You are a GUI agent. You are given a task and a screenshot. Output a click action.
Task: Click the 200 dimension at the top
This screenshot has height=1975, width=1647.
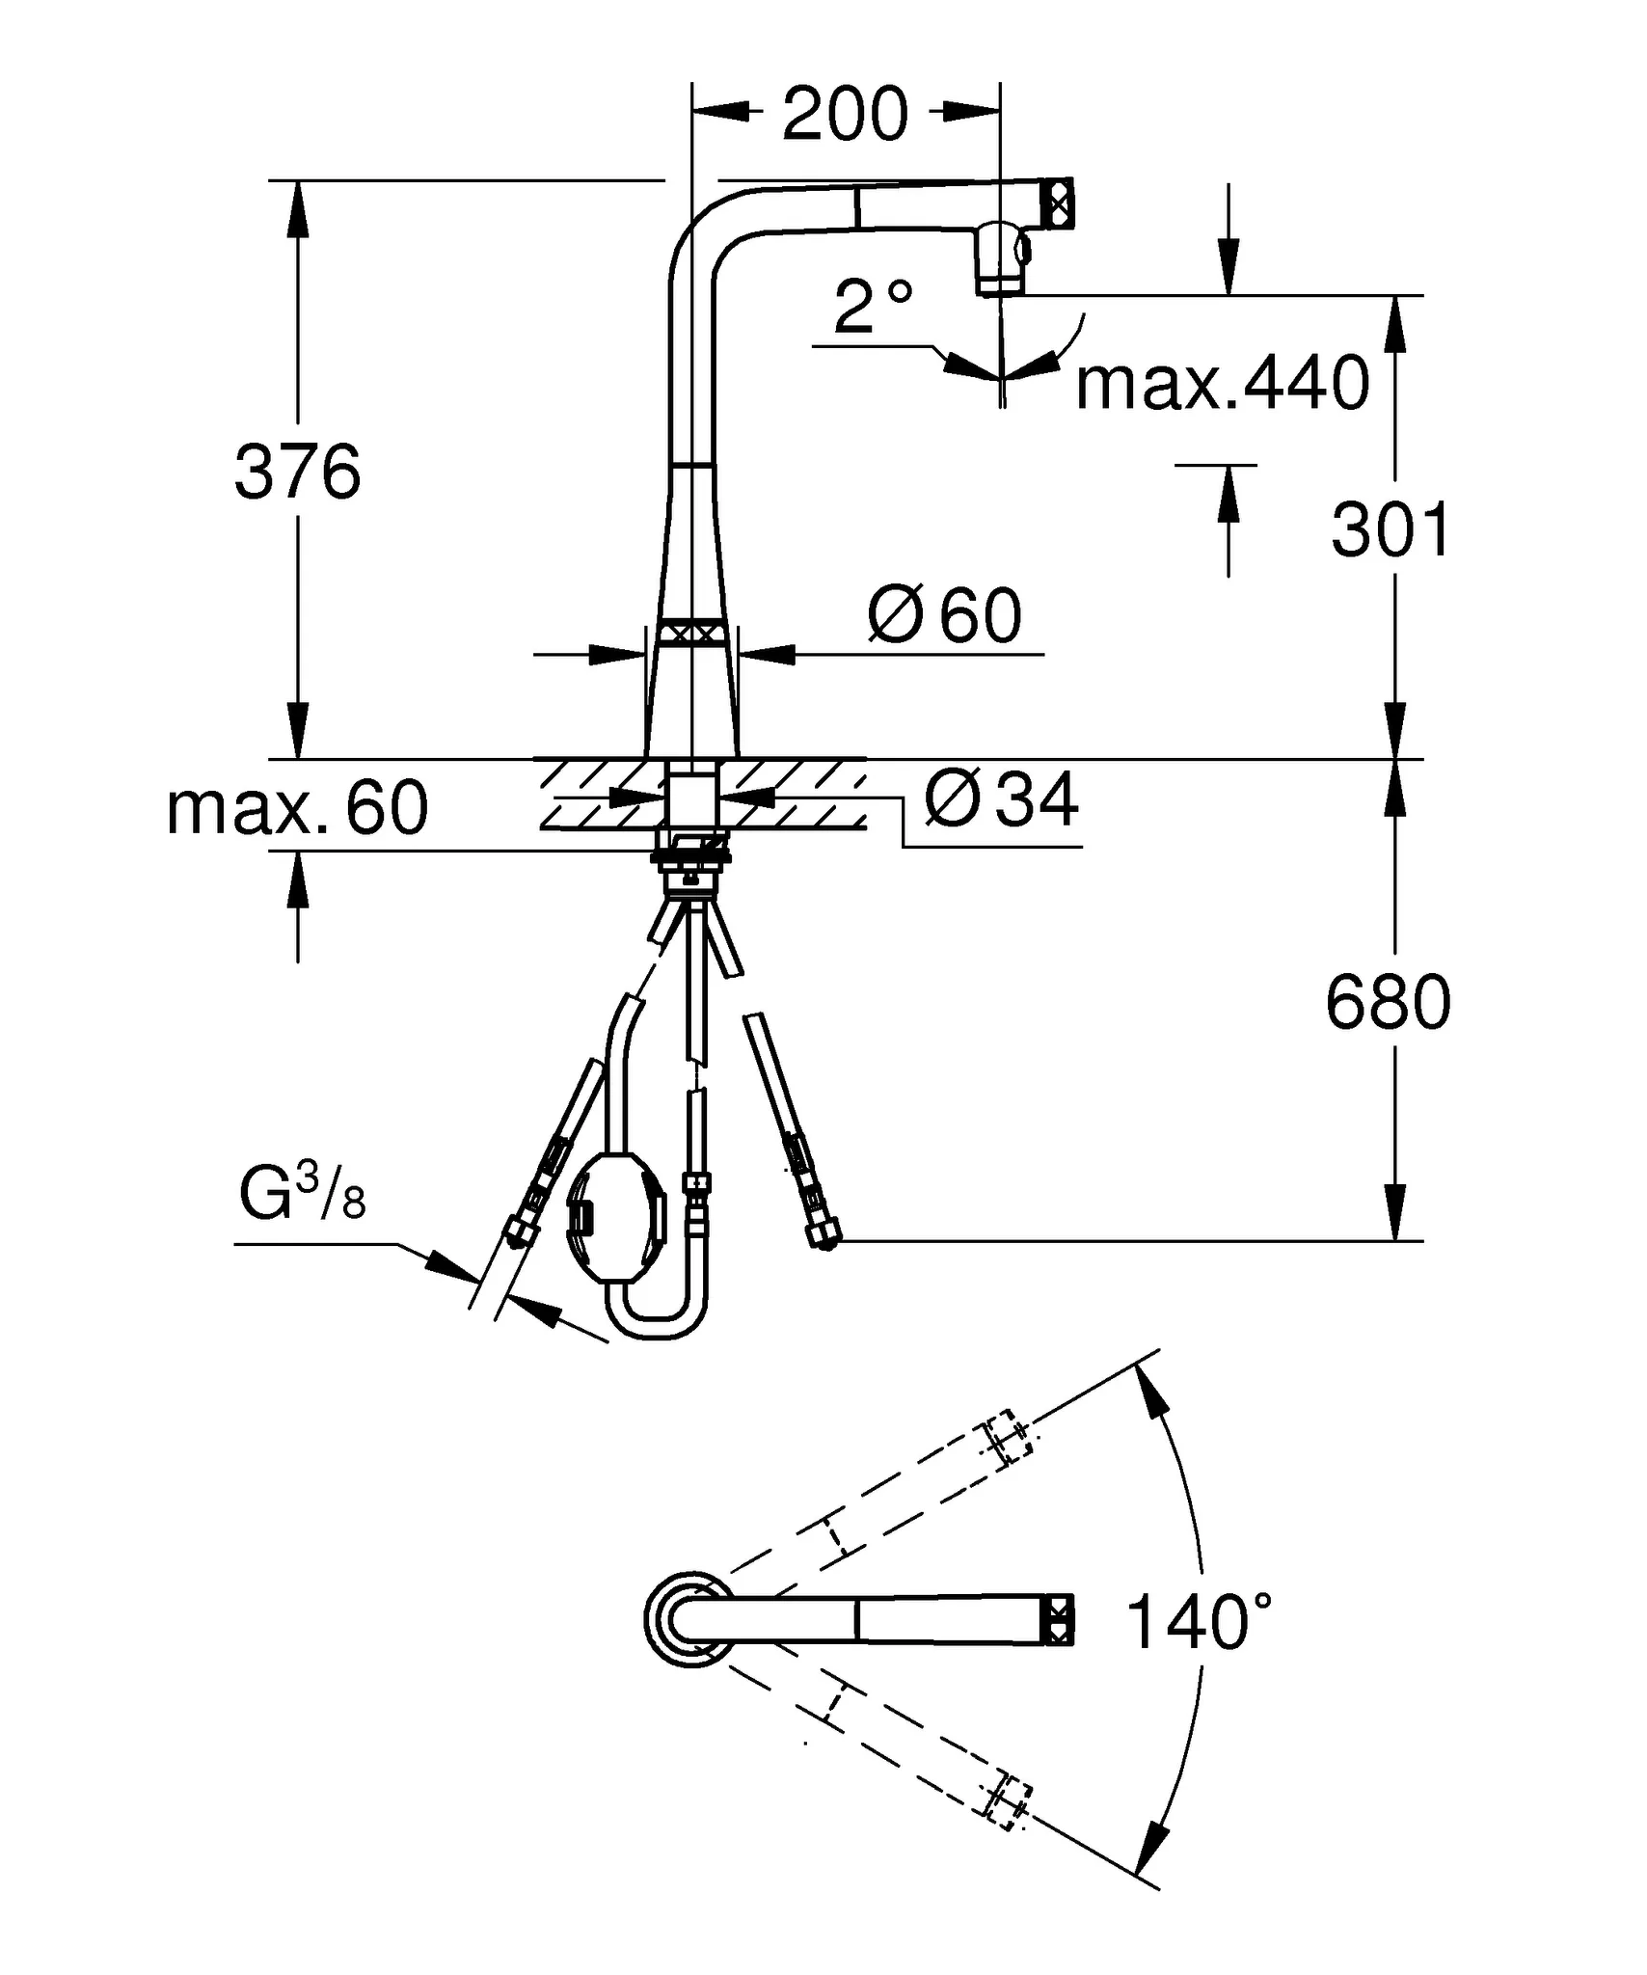(845, 114)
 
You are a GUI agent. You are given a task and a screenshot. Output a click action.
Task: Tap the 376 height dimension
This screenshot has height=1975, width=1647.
(298, 472)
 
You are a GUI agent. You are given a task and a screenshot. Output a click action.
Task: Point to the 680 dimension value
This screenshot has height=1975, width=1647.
(1388, 1002)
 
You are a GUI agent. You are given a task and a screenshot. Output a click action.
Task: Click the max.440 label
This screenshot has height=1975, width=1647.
(1222, 383)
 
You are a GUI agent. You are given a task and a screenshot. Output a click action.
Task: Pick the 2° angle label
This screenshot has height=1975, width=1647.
(873, 306)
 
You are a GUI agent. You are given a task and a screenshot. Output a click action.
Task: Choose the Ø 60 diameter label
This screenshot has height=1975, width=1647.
(945, 615)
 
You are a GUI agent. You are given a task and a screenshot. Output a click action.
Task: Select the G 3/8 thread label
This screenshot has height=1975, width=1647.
(303, 1196)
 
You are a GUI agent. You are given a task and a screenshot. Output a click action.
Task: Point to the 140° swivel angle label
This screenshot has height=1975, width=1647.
(1198, 1622)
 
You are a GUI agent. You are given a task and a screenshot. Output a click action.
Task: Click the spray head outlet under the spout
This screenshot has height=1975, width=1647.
(1001, 260)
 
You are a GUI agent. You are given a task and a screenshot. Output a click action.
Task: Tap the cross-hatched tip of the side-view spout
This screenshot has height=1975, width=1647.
(1058, 202)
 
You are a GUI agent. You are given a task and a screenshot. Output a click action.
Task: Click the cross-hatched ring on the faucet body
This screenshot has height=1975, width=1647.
(690, 634)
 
